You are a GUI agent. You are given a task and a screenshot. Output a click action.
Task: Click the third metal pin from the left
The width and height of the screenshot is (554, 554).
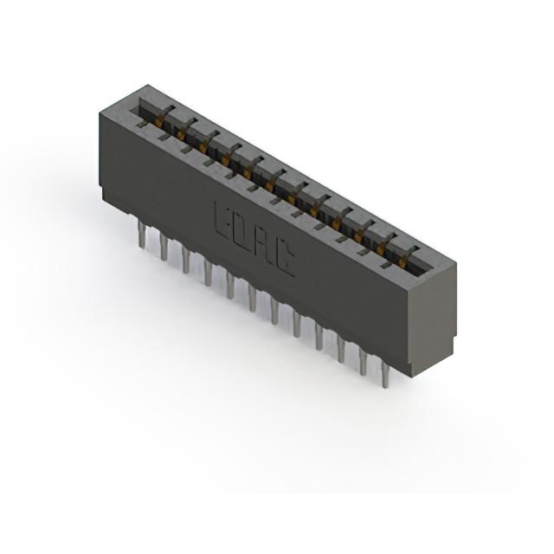pyautogui.click(x=186, y=260)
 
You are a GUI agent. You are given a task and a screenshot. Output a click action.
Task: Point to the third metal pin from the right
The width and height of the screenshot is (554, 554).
pyautogui.click(x=341, y=349)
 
